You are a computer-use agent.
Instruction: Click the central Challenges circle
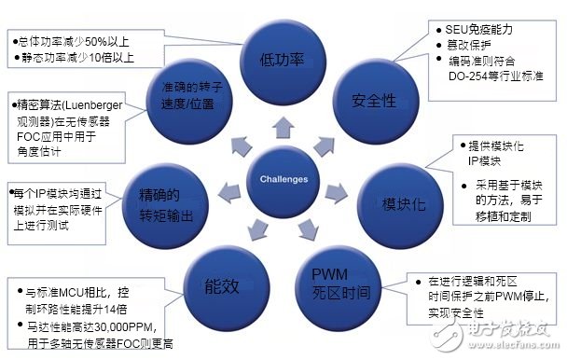click(282, 177)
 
